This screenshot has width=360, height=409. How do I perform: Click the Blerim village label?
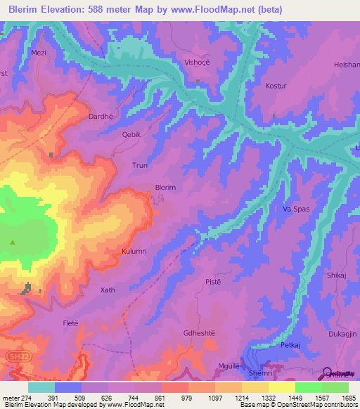pos(165,188)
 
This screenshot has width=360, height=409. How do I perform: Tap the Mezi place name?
pos(38,52)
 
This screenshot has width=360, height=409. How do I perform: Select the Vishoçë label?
pos(197,61)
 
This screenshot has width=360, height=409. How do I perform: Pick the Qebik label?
pos(132,134)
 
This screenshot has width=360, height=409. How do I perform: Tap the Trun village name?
pos(140,166)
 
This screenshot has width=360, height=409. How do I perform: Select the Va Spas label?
pos(296,209)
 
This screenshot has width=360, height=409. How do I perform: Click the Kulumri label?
pos(134,251)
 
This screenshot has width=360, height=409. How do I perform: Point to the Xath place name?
pos(107,290)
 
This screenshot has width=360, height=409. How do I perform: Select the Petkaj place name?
pos(290,346)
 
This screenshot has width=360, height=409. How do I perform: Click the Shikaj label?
pos(337,276)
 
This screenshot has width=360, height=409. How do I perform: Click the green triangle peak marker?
pos(13,242)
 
